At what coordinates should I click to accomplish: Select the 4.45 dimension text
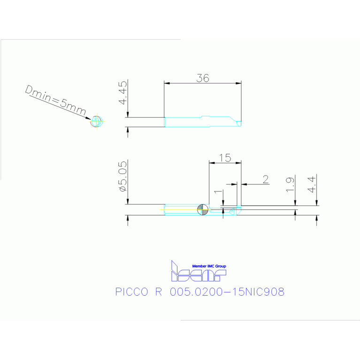click(123, 93)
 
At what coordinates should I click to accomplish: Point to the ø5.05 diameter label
click(123, 176)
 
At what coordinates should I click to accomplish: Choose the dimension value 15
click(225, 158)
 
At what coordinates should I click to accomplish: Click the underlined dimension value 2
click(265, 179)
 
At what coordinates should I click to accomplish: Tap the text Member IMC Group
click(209, 266)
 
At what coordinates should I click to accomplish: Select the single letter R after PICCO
click(158, 292)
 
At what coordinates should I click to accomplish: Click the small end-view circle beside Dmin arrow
click(97, 122)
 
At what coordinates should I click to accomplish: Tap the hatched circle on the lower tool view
click(203, 209)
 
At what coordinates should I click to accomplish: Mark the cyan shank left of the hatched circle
click(181, 209)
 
